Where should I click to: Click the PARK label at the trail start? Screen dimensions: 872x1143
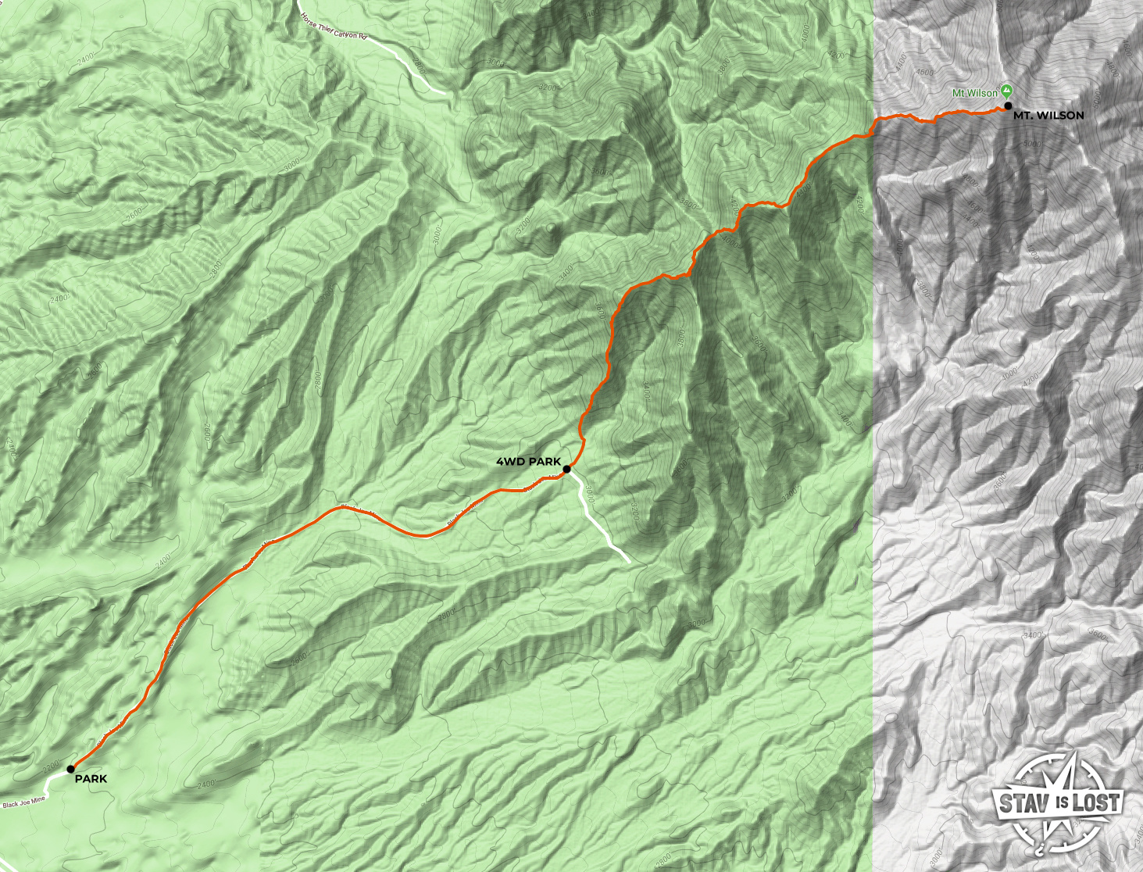[91, 779]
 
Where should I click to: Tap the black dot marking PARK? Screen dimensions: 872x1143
[71, 769]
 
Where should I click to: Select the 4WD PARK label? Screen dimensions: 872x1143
[528, 462]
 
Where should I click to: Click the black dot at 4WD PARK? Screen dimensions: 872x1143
[566, 469]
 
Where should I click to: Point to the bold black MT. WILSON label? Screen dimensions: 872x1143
[1048, 116]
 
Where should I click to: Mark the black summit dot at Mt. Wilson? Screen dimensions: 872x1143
[1008, 105]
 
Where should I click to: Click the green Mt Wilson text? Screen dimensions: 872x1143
[974, 93]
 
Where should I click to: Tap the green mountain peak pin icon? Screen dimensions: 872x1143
[1006, 91]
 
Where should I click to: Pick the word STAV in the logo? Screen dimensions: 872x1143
[1025, 802]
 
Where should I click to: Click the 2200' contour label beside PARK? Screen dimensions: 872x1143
[52, 765]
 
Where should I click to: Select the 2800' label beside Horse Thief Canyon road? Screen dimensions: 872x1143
[420, 66]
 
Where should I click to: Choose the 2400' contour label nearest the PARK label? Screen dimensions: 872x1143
[205, 784]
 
